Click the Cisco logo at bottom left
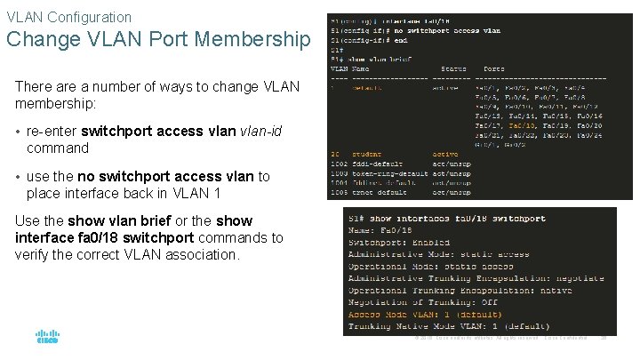(47, 337)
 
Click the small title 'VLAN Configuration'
(68, 17)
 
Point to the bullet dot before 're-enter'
(18, 132)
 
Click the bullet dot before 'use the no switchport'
(18, 178)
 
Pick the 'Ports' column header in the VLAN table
(494, 68)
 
